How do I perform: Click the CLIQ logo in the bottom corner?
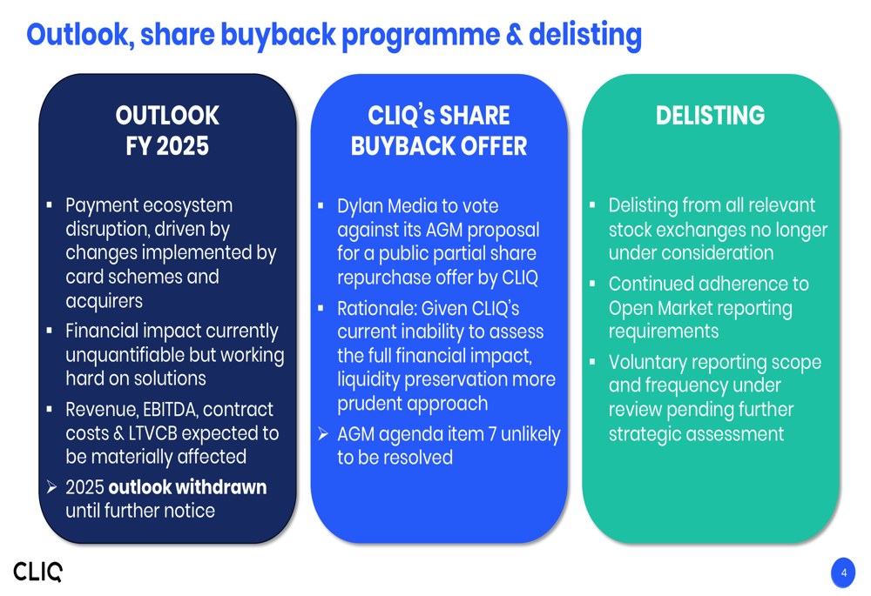(x=37, y=572)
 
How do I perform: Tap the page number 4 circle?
(x=843, y=573)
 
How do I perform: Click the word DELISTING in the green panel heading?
(x=710, y=116)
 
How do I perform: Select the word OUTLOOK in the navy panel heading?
(x=167, y=116)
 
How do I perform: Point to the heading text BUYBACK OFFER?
(x=439, y=146)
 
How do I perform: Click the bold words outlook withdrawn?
(x=188, y=487)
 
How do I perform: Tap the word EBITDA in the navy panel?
(x=170, y=410)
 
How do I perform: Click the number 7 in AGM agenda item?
(x=493, y=434)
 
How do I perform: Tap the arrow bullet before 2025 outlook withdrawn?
(x=51, y=487)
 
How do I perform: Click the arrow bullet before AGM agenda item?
(x=323, y=434)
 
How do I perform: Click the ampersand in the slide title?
(x=515, y=35)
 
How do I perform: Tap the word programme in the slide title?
(x=420, y=36)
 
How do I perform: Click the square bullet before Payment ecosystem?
(x=50, y=205)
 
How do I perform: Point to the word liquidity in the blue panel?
(x=368, y=379)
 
